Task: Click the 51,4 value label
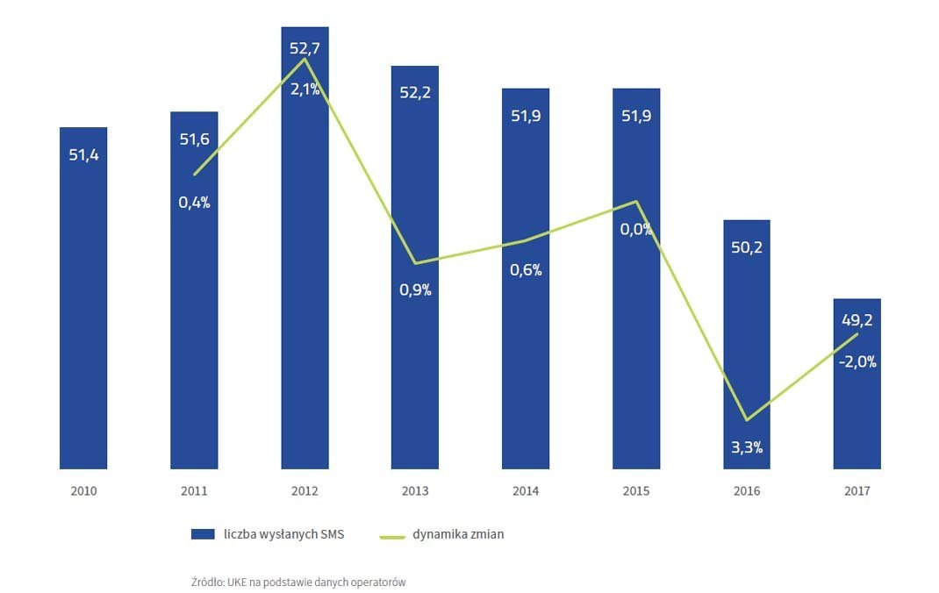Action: (x=83, y=155)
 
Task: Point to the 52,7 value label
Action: (x=305, y=48)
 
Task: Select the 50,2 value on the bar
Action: (x=747, y=247)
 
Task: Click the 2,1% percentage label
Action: (x=305, y=89)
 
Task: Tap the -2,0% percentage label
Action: (x=857, y=361)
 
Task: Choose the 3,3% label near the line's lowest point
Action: (x=747, y=447)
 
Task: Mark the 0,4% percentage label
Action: (x=194, y=202)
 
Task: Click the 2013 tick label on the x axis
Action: (x=415, y=491)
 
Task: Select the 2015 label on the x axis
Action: (x=636, y=491)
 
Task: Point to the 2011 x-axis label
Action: (x=194, y=491)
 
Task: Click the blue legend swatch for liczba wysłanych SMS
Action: (x=203, y=534)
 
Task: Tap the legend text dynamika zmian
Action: (x=458, y=534)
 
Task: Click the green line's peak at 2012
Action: (x=305, y=59)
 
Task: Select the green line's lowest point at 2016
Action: (x=747, y=419)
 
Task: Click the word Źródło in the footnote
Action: (x=207, y=582)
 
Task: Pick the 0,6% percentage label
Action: (x=526, y=270)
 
